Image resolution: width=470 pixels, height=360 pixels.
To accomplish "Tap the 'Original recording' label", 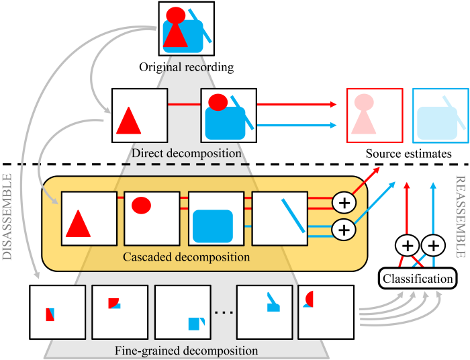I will click(186, 67).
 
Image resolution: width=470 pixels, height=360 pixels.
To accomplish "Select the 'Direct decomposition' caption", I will click(186, 153).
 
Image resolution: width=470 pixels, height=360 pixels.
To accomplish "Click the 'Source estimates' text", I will click(408, 154).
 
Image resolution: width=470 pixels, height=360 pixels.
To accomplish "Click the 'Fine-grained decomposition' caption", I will click(186, 350).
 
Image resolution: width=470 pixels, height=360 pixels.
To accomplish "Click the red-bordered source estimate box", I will click(373, 115).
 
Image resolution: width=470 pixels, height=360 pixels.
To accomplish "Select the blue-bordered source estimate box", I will click(440, 115).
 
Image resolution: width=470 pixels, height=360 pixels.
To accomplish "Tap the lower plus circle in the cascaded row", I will click(343, 249).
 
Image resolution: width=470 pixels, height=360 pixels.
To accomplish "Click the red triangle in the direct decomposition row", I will click(128, 121).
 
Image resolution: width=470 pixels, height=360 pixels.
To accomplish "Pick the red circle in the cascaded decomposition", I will click(140, 205).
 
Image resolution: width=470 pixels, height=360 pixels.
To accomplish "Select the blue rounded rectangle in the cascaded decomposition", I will click(212, 226).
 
